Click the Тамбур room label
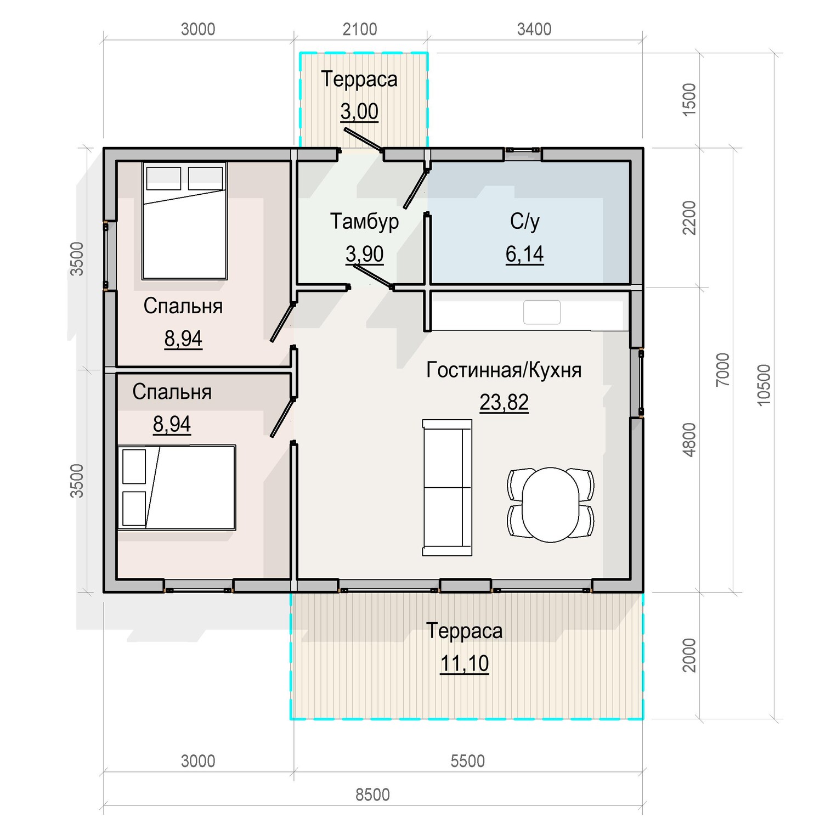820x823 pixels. click(364, 221)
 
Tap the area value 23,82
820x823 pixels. click(504, 402)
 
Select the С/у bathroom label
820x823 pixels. click(525, 221)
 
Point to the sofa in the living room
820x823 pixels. click(447, 488)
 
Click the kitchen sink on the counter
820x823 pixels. click(542, 312)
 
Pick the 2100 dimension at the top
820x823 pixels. click(360, 29)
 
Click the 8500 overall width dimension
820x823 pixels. click(372, 794)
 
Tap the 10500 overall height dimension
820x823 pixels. click(764, 385)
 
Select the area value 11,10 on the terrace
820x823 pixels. click(465, 663)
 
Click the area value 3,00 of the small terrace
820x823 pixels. click(359, 111)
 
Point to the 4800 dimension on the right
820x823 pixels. click(689, 439)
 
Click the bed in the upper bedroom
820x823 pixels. click(184, 221)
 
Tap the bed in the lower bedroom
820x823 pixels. click(177, 487)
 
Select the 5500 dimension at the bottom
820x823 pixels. click(468, 761)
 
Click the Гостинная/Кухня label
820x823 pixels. click(504, 370)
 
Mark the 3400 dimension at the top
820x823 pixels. click(534, 29)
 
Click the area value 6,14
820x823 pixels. click(525, 254)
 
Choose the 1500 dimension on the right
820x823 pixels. click(689, 99)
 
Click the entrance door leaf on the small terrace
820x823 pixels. click(363, 139)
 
